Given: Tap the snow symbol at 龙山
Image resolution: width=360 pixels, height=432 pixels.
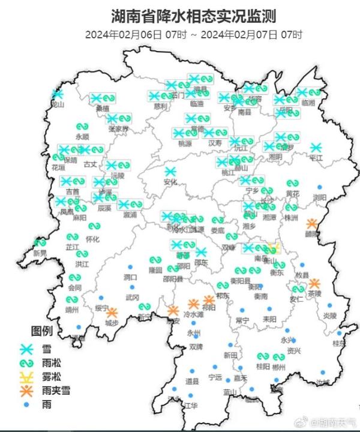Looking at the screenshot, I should coord(58,94).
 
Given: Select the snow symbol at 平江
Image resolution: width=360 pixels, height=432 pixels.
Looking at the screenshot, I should coord(316,148).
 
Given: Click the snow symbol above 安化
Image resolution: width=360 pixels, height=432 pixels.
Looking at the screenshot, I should coord(171,172).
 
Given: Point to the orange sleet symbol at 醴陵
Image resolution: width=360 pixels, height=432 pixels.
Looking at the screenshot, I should coord(311,224).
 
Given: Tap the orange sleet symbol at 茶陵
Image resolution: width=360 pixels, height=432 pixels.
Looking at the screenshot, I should coord(314,283).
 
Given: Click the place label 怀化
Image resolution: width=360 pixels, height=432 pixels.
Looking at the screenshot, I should coord(92,239).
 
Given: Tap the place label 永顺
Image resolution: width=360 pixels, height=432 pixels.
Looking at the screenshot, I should coord(82,137).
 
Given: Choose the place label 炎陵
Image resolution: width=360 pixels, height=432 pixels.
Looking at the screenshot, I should coord(330,316).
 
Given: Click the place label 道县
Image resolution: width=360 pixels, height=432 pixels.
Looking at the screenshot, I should coord(192,382).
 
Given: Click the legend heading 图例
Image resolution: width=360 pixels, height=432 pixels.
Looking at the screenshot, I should coord(42,331).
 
